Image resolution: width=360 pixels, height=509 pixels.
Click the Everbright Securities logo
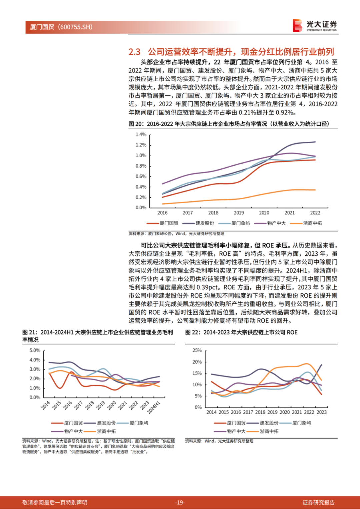point(315,25)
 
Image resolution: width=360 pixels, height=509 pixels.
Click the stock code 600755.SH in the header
point(75,27)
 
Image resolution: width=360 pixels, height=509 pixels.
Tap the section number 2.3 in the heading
point(134,52)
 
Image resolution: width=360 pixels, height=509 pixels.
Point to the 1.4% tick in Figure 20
point(141,134)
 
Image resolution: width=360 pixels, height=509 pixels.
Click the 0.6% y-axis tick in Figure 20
point(141,176)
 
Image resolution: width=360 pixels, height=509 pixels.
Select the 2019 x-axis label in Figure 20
point(239,213)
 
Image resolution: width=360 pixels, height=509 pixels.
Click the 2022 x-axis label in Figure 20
point(315,213)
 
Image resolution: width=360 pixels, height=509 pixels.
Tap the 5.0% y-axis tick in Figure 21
point(35,350)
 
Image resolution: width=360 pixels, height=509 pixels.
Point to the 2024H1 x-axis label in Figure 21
point(154,407)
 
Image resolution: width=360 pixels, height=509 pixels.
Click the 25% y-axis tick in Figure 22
point(197,350)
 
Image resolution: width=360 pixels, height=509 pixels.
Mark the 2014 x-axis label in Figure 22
point(211,412)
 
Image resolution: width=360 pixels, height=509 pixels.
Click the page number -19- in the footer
point(180,502)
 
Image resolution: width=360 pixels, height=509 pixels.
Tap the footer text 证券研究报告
point(318,502)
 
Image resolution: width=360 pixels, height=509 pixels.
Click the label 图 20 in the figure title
point(136,124)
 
